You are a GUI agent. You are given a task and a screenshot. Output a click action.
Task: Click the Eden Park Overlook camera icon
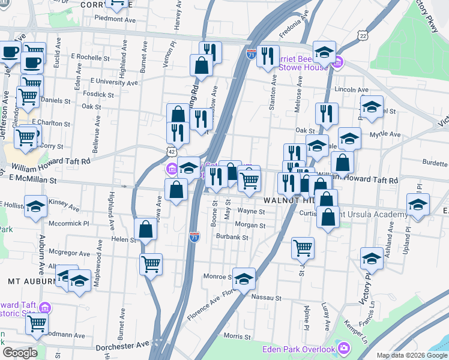point(343,349)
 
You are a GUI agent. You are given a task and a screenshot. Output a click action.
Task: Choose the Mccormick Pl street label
point(70,223)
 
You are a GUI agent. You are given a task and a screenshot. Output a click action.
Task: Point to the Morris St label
point(237,336)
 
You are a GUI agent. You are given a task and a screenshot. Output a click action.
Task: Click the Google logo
point(20,352)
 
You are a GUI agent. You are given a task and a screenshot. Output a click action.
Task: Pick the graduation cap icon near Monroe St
point(244,278)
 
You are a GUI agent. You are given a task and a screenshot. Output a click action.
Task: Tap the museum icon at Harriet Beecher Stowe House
point(337,62)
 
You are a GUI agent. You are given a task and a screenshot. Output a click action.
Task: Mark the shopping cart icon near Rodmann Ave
point(37,323)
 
